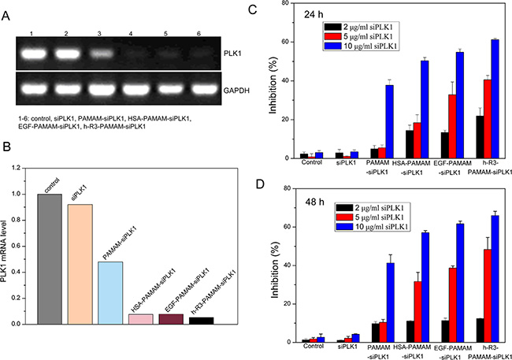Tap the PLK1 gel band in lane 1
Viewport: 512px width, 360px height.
coord(31,54)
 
